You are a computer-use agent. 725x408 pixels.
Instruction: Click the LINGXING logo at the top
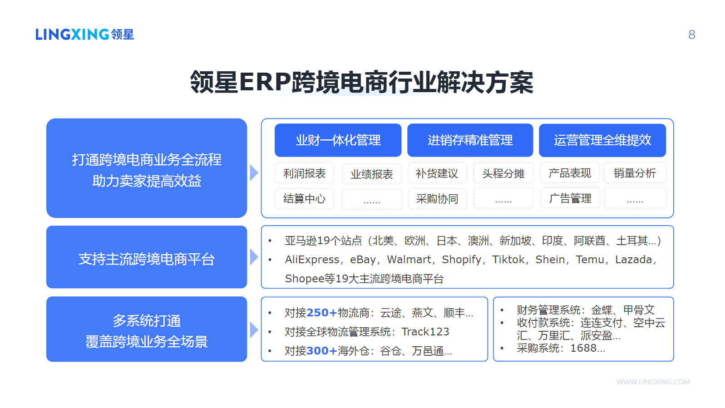[84, 34]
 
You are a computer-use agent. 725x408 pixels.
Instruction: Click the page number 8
[692, 34]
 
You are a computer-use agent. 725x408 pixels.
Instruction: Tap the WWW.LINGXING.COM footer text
[653, 382]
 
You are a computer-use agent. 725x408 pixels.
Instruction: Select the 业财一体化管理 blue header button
[338, 140]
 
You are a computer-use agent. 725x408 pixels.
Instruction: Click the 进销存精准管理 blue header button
[470, 140]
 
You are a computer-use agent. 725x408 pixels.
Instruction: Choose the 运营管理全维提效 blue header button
[602, 140]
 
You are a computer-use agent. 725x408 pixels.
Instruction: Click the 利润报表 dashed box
[304, 173]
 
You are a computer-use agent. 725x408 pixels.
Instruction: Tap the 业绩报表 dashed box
[371, 174]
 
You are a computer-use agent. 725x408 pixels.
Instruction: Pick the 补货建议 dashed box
[437, 173]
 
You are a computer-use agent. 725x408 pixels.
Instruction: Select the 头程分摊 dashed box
[503, 173]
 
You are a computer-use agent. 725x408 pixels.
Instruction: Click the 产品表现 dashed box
[570, 173]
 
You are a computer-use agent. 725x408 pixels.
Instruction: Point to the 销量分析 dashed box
[635, 173]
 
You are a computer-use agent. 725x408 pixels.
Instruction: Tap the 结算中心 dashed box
[304, 198]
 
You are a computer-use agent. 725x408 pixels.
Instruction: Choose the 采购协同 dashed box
[437, 198]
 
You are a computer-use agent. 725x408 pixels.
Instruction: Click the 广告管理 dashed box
[570, 198]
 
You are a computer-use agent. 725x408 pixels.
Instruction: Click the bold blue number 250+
[322, 313]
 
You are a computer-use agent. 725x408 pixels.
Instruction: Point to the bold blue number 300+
[322, 351]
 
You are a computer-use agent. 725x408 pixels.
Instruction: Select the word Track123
[425, 332]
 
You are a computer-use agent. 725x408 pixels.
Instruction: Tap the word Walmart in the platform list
[409, 260]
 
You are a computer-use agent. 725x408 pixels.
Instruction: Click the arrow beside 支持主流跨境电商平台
[254, 257]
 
